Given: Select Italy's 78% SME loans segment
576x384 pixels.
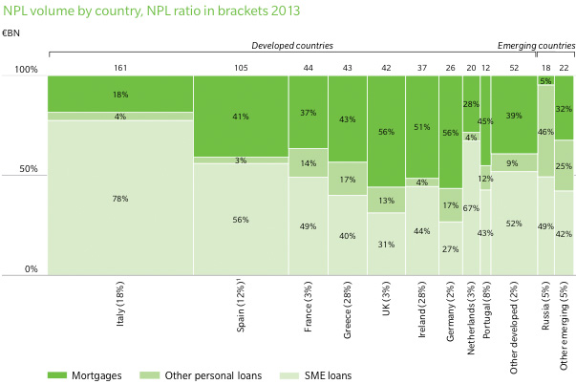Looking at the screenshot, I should click(119, 198).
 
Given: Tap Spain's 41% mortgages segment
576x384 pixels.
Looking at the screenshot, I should click(241, 116).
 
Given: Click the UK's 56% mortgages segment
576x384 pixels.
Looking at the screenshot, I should click(387, 132).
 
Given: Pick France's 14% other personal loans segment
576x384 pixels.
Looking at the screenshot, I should click(308, 163).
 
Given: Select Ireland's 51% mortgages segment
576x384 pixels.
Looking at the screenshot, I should click(421, 126).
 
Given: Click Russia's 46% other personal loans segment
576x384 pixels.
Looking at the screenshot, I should click(544, 131).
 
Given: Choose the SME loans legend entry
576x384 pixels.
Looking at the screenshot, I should click(321, 375).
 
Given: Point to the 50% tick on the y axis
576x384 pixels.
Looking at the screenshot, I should click(26, 170).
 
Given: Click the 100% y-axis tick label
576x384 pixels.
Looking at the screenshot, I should click(24, 70).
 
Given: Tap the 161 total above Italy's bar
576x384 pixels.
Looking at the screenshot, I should click(119, 67).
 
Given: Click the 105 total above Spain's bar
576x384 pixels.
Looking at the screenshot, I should click(241, 67).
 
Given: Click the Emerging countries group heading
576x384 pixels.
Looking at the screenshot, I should click(535, 45).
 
